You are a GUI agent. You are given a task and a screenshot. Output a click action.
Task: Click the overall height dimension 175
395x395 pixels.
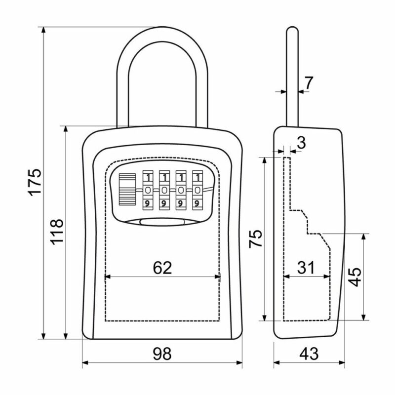point(35,182)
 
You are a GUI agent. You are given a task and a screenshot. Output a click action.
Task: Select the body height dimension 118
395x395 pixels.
point(57,232)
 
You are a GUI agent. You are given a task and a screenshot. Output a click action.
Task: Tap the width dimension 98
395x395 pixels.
point(162,354)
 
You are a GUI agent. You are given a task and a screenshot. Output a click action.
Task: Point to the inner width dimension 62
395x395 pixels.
point(162,268)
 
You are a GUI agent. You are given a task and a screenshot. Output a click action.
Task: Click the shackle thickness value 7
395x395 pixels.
point(308,82)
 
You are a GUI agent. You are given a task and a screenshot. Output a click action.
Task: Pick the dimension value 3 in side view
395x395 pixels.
point(301,143)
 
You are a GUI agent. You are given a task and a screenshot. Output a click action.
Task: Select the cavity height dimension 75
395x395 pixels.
point(256,239)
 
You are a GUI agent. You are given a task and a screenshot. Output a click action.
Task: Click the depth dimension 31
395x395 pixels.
point(306,268)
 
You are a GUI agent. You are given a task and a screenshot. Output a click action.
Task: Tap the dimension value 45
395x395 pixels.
point(355,277)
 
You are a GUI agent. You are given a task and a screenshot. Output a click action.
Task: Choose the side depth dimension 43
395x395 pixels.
point(309,354)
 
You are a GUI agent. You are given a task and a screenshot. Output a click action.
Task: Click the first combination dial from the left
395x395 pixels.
point(148,190)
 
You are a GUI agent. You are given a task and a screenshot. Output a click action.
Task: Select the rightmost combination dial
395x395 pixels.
point(197,190)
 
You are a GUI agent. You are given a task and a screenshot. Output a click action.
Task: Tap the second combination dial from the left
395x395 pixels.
point(164,190)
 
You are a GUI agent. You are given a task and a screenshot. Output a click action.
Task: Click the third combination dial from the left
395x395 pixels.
point(181,190)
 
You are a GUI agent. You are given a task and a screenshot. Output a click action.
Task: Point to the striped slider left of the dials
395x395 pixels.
point(127,189)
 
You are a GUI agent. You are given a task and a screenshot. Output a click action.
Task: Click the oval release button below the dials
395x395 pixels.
point(162,222)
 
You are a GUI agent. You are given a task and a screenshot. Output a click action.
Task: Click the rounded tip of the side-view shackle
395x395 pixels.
point(292,28)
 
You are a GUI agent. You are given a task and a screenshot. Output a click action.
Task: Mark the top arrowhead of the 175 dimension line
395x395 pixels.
point(43,30)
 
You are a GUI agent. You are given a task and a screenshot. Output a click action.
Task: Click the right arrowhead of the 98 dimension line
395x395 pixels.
point(239,363)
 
